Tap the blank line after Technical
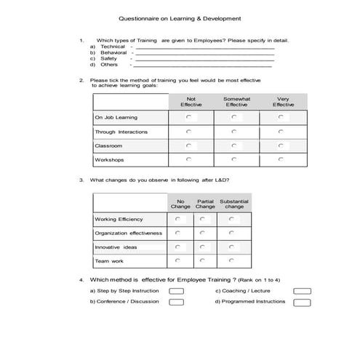click(204, 47)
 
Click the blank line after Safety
click(204, 58)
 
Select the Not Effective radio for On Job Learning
click(189, 117)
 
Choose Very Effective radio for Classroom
click(281, 145)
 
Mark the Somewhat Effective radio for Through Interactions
click(234, 132)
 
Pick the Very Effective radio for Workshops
click(281, 159)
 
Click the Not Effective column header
click(191, 102)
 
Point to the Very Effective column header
click(283, 102)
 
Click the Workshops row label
click(109, 159)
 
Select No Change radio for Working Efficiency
click(179, 219)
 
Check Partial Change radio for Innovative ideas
click(205, 247)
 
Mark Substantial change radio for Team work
click(232, 261)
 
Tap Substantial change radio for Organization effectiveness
click(232, 233)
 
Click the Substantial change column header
click(233, 204)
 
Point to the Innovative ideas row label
click(116, 247)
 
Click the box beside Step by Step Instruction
click(176, 291)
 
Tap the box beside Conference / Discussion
click(176, 302)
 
